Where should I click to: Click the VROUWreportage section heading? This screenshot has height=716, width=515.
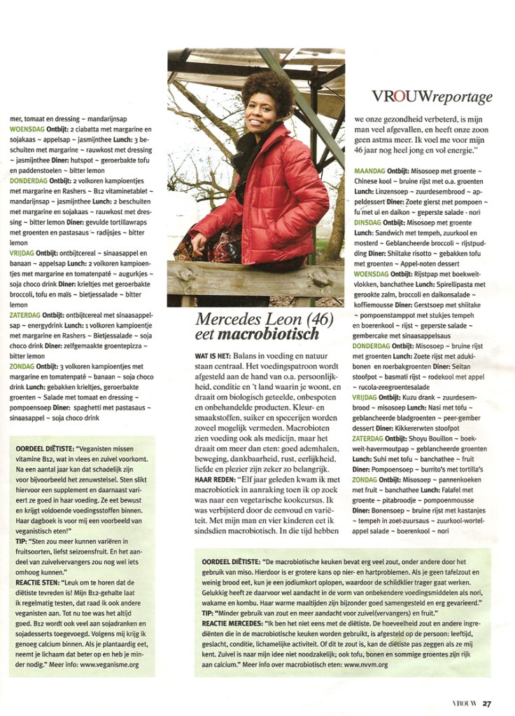pyautogui.click(x=432, y=97)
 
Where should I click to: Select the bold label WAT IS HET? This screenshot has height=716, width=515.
pyautogui.click(x=210, y=356)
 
